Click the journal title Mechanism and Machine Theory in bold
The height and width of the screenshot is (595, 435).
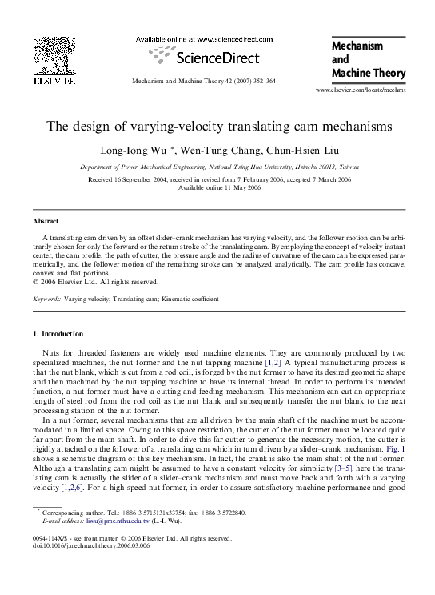[x=367, y=61]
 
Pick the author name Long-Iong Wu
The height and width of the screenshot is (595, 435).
[x=153, y=150]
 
